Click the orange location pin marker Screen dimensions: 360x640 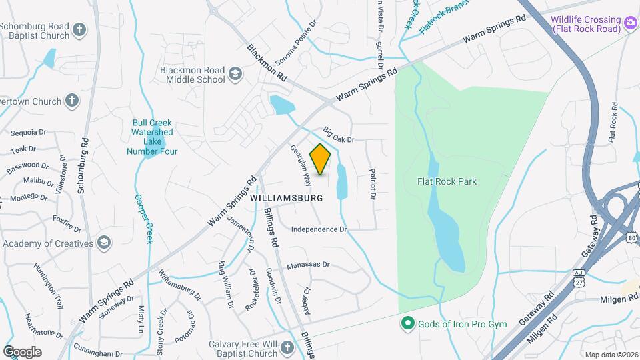tap(321, 159)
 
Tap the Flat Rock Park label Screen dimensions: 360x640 tap(447, 181)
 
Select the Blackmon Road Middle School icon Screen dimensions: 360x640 tap(235, 73)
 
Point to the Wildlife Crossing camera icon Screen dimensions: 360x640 tap(630, 25)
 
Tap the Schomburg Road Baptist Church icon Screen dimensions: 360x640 tap(79, 30)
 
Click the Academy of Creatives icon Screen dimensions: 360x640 tap(103, 242)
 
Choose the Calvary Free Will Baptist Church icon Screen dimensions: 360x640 tap(287, 347)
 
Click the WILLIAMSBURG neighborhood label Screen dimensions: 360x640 tap(287, 198)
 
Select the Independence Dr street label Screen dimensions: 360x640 tap(319, 229)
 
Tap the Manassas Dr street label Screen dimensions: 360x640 tap(308, 265)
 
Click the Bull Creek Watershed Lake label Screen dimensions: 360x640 tap(152, 137)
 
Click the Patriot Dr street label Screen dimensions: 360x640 tap(373, 183)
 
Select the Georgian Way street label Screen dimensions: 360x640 tap(300, 165)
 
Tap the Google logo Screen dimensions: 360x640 tap(22, 351)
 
